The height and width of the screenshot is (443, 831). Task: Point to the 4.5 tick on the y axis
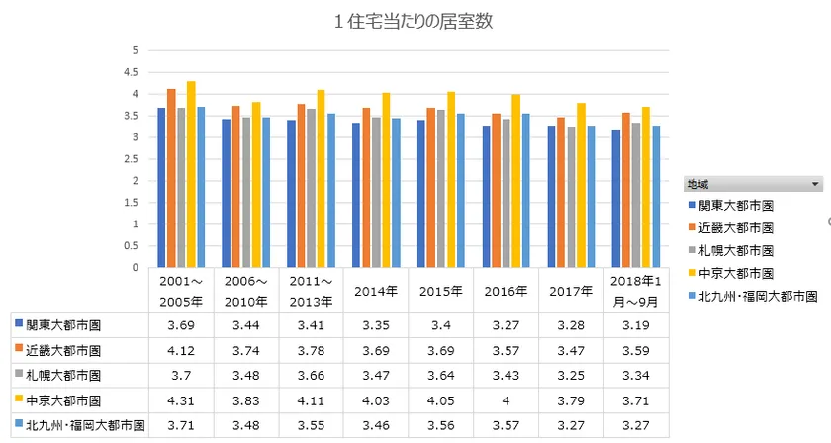coord(136,72)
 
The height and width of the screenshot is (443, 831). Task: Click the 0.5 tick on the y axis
coord(136,245)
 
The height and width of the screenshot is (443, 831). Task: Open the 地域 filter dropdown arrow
coord(815,184)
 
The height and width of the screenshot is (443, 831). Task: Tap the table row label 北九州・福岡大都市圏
coord(76,427)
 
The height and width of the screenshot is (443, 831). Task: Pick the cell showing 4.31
coord(183,401)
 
